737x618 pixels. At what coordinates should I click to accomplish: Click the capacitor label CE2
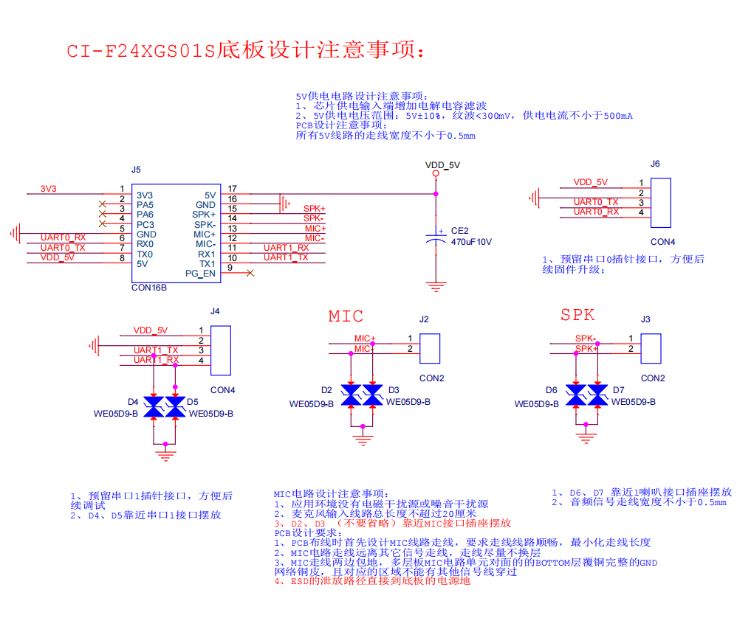(459, 230)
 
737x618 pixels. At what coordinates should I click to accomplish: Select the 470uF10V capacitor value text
(471, 242)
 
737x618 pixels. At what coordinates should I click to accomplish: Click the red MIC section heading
(346, 316)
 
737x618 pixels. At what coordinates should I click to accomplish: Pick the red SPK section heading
(577, 315)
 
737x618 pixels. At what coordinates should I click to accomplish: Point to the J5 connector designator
(136, 170)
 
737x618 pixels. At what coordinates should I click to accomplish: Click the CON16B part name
(148, 288)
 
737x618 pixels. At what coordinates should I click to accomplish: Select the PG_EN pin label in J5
(200, 274)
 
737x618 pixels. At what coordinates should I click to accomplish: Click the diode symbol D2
(352, 395)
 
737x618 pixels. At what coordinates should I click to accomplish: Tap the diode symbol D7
(597, 395)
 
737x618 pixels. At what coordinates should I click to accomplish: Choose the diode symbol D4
(154, 407)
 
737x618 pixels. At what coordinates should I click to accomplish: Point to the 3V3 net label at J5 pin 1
(48, 189)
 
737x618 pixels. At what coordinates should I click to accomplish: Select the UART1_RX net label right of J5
(286, 248)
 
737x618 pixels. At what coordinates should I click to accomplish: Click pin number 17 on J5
(232, 190)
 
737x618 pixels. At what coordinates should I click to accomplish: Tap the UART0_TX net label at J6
(596, 201)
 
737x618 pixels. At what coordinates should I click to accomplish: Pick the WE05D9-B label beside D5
(210, 414)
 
